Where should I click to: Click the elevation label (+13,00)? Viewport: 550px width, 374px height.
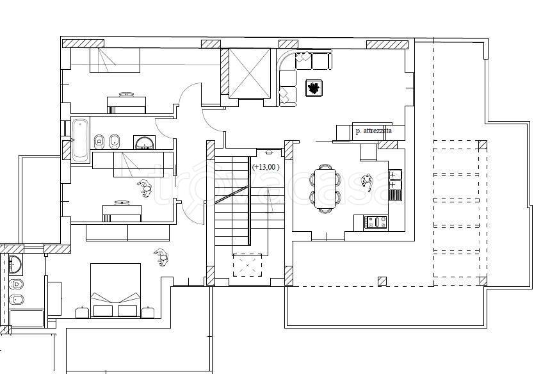click(x=266, y=167)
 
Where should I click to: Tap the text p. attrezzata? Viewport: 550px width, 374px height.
click(x=373, y=131)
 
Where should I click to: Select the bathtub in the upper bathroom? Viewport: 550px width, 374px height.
click(x=80, y=140)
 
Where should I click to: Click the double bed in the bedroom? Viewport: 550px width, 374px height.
click(x=115, y=291)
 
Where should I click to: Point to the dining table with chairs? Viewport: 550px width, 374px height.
click(x=325, y=188)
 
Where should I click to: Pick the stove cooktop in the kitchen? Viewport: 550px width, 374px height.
click(x=376, y=222)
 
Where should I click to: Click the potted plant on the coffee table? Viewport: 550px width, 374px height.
click(x=314, y=88)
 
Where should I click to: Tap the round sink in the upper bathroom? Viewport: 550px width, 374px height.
click(x=144, y=142)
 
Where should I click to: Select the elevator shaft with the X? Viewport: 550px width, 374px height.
click(x=250, y=73)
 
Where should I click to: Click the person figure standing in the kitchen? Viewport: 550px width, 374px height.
click(x=368, y=183)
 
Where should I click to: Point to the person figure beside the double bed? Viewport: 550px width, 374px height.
click(x=161, y=258)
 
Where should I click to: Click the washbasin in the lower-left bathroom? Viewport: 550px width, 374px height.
click(x=15, y=264)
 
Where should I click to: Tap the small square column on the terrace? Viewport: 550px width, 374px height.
click(x=382, y=280)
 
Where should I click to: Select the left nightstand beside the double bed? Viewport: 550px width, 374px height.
click(x=83, y=312)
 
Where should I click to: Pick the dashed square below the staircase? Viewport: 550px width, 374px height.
click(x=248, y=265)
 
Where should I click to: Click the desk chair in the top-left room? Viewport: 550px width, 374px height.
click(x=126, y=94)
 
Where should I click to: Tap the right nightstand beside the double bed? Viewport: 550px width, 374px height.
click(x=149, y=312)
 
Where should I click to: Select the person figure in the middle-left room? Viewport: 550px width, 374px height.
click(x=145, y=188)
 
